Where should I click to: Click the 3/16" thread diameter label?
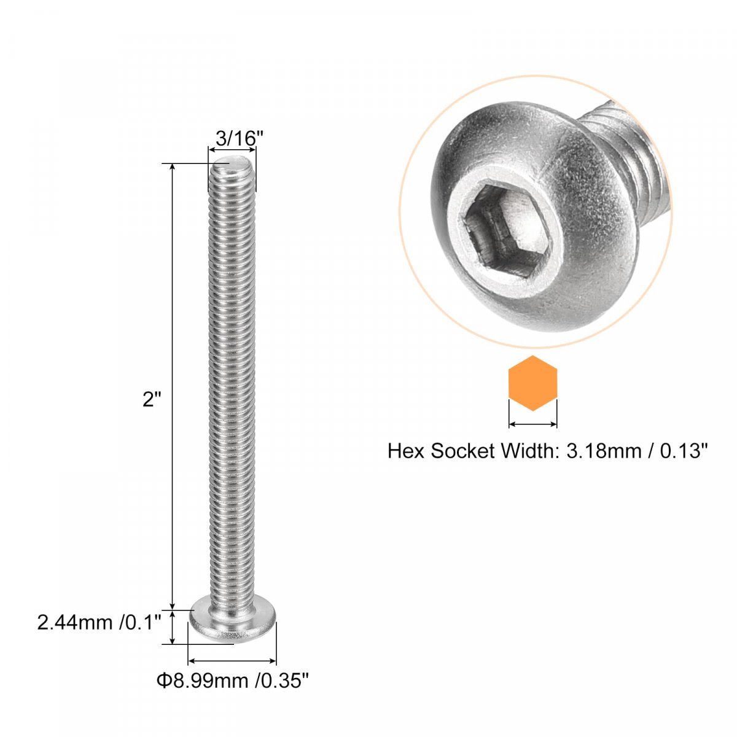[235, 138]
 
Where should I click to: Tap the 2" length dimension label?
[149, 400]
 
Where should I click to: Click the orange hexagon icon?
[532, 383]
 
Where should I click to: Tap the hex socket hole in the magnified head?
[507, 230]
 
